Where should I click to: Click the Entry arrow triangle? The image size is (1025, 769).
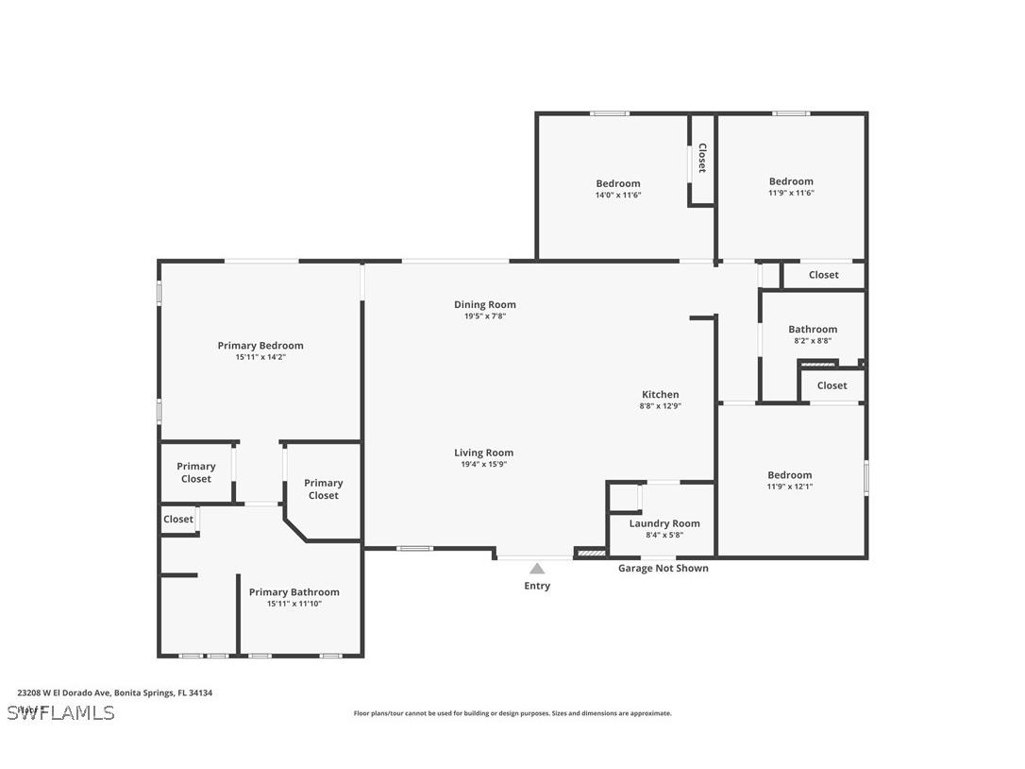tap(537, 569)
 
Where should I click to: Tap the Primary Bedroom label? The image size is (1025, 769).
tap(260, 346)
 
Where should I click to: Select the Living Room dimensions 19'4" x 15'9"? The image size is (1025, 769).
tap(484, 465)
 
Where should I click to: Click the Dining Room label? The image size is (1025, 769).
tap(485, 304)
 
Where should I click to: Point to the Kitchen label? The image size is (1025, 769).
tap(660, 394)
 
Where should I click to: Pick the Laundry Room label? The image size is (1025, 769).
tap(664, 523)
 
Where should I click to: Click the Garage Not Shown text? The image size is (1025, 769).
tap(663, 569)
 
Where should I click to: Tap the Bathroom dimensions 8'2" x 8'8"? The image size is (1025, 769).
tap(813, 341)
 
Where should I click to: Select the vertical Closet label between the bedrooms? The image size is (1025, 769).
tap(702, 158)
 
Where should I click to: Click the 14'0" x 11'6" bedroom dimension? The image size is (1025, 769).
tap(618, 195)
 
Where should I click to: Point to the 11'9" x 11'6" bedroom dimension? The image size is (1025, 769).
tap(791, 193)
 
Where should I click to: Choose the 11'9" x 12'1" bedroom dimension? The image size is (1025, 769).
tap(789, 487)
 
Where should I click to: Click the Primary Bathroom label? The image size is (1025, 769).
tap(294, 592)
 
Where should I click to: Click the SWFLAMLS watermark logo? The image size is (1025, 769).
tap(60, 712)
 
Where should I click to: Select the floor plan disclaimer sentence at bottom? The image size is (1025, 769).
tap(512, 713)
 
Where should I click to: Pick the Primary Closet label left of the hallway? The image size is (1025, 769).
tap(196, 472)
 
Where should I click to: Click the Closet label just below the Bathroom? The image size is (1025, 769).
tap(832, 385)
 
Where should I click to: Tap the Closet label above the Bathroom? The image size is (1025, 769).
tap(823, 275)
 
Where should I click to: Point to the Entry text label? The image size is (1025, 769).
tap(537, 586)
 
